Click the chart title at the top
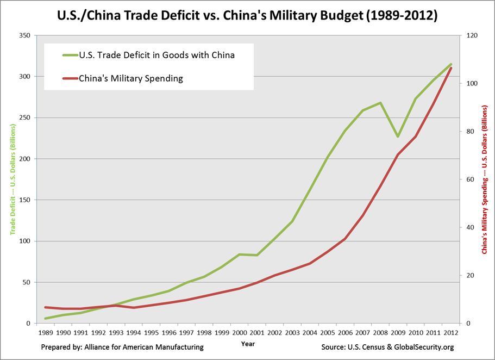[247, 15]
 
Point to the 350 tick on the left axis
[25, 35]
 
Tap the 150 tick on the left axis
[25, 200]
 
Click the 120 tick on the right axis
[471, 35]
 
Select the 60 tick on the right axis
[468, 179]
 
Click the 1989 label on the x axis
[46, 332]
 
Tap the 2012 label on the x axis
[450, 332]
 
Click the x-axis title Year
[247, 344]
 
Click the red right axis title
[484, 179]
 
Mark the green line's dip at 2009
[398, 136]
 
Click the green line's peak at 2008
[380, 102]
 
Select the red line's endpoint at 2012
[450, 68]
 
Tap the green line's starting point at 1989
[46, 319]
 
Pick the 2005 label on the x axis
[328, 332]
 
